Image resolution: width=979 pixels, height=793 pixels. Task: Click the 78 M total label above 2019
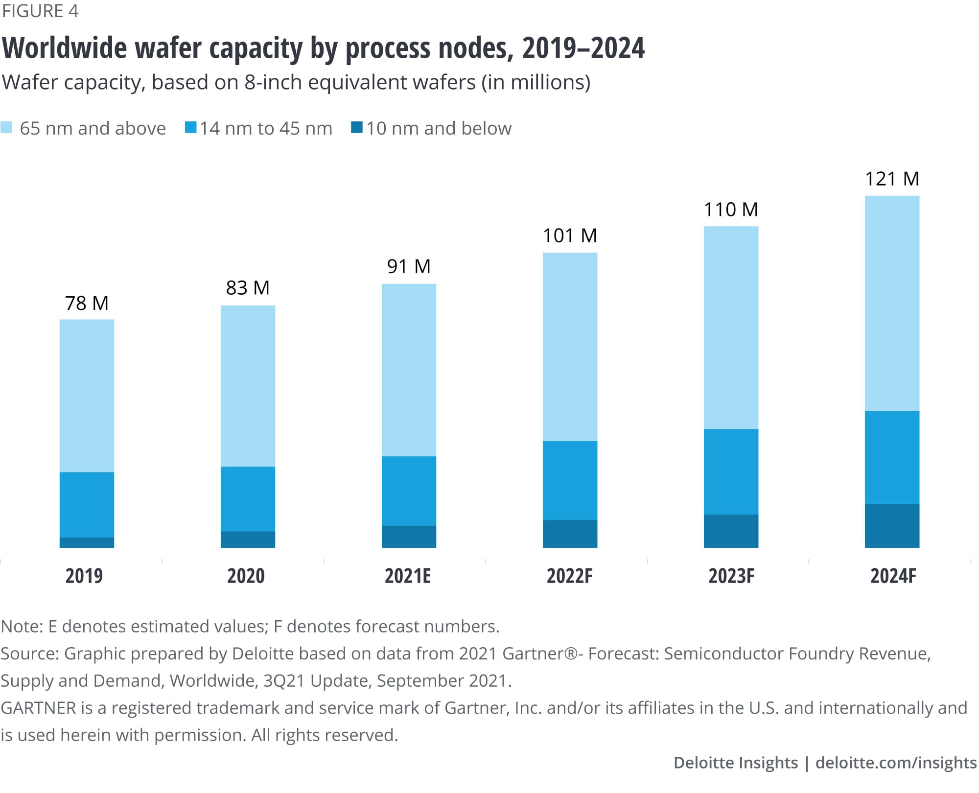point(87,303)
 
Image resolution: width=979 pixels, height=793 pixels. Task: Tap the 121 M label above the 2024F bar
point(892,179)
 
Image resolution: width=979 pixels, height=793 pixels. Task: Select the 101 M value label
point(570,236)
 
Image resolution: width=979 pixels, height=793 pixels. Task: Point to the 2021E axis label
point(408,576)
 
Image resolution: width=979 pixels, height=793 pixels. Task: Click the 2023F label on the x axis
point(731,576)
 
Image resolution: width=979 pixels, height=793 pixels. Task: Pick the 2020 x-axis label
point(246,576)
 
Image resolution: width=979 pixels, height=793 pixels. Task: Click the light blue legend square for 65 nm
point(6,128)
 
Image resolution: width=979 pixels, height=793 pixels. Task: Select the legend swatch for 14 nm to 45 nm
point(191,128)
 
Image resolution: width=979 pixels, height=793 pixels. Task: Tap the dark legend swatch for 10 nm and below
point(357,128)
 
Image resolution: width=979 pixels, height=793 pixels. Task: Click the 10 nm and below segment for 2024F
point(892,526)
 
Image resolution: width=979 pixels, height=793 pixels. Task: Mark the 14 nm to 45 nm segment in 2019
point(87,505)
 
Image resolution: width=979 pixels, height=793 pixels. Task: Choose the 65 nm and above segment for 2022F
point(570,347)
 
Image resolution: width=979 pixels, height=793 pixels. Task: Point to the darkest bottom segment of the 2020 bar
point(248,539)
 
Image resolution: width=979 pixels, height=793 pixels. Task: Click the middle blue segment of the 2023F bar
point(731,472)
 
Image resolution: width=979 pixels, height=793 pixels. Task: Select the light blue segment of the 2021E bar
point(409,370)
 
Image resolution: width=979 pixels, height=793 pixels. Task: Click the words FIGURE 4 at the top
point(40,11)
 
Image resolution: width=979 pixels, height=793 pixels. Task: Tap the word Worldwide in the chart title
point(65,48)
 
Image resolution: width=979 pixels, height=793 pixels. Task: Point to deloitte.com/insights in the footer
point(896,763)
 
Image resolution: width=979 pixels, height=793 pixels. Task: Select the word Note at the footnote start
point(22,627)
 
